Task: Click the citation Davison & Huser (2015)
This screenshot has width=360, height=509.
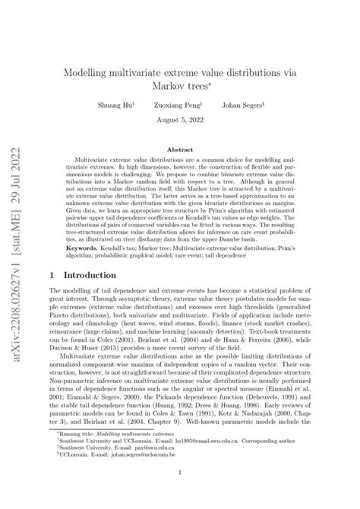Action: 87,351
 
